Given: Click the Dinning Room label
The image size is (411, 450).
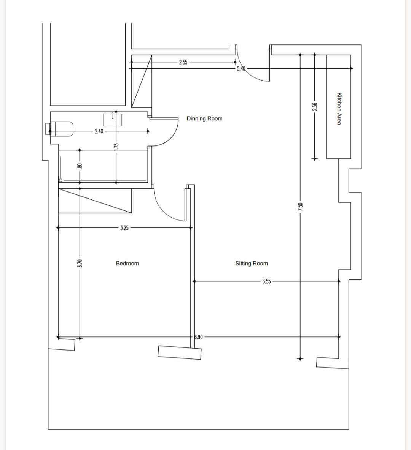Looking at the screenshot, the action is [x=204, y=118].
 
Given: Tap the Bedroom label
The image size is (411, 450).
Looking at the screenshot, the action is [x=127, y=264].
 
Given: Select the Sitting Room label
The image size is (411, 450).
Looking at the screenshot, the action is [x=252, y=264].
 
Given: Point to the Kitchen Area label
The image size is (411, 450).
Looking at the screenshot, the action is [x=339, y=109].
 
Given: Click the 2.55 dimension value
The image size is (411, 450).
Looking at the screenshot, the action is [x=183, y=62].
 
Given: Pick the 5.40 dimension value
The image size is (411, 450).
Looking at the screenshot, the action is [x=241, y=69].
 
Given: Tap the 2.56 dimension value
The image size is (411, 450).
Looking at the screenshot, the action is [x=315, y=106].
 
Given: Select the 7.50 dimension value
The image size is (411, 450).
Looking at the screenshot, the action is [x=300, y=207].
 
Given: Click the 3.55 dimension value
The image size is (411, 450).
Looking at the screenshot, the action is [x=266, y=281].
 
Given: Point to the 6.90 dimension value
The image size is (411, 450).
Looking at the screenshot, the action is [x=198, y=337].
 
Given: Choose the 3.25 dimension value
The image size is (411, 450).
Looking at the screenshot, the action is [x=124, y=228].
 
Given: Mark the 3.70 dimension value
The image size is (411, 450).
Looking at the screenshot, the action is [x=80, y=264].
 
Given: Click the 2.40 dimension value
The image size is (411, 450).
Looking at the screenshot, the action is [x=99, y=131].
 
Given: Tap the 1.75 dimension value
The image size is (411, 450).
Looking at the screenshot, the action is [x=116, y=147].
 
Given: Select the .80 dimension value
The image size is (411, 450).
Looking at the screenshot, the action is [x=80, y=166].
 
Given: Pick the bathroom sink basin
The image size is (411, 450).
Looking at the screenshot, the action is [x=113, y=120].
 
